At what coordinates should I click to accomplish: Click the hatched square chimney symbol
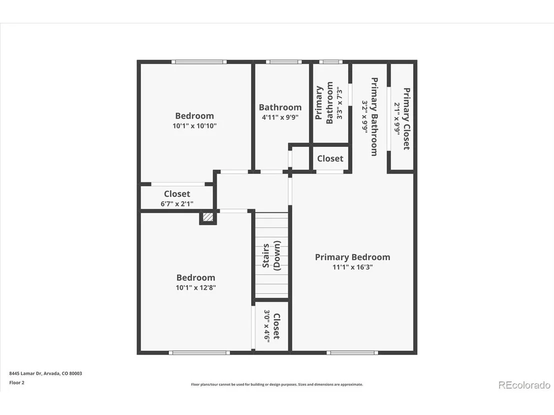[208, 217]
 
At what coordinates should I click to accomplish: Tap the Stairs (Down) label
[271, 256]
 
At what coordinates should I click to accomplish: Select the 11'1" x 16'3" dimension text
[352, 267]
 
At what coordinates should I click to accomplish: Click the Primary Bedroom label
[352, 257]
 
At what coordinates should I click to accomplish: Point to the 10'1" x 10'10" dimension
[194, 126]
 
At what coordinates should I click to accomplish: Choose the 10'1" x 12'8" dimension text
[195, 288]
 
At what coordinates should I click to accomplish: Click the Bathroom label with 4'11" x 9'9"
[280, 107]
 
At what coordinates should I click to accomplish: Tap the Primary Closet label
[406, 118]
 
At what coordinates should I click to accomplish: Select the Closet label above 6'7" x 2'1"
[177, 194]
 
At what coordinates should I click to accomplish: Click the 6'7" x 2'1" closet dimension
[177, 204]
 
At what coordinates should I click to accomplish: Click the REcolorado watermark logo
[524, 385]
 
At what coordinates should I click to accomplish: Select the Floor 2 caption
[16, 383]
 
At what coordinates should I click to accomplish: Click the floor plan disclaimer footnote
[277, 385]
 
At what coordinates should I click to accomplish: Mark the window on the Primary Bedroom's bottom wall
[352, 353]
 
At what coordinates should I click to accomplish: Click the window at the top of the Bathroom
[283, 62]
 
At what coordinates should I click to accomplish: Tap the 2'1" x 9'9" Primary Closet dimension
[397, 119]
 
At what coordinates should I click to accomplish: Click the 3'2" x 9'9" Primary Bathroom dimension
[365, 117]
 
